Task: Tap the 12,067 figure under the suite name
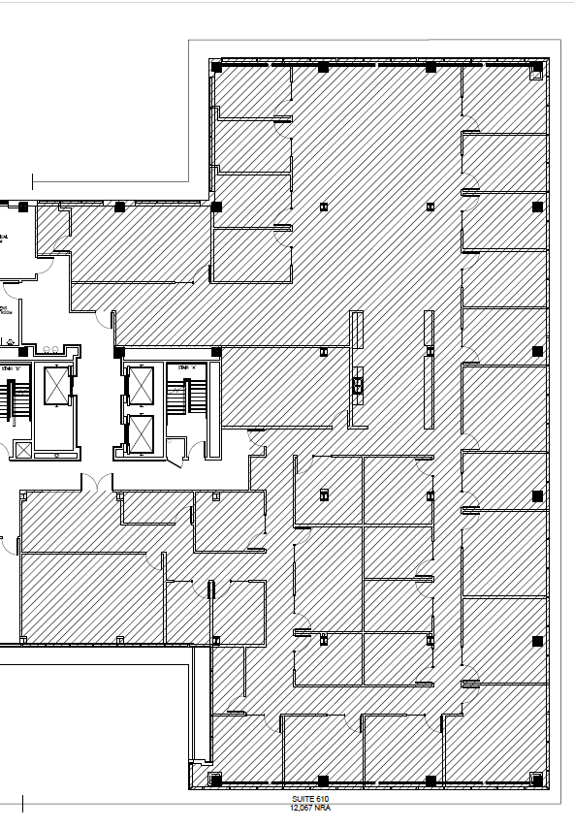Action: click(301, 807)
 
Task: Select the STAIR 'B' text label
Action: click(12, 368)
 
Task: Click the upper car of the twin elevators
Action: click(142, 385)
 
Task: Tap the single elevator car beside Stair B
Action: click(58, 385)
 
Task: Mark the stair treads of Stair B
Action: click(15, 400)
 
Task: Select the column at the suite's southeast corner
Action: click(536, 778)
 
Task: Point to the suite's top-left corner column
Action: click(216, 68)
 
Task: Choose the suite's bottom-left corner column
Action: click(215, 779)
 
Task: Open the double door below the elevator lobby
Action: click(95, 482)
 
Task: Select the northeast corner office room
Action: click(503, 97)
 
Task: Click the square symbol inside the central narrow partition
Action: click(357, 386)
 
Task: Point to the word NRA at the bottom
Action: click(323, 807)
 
